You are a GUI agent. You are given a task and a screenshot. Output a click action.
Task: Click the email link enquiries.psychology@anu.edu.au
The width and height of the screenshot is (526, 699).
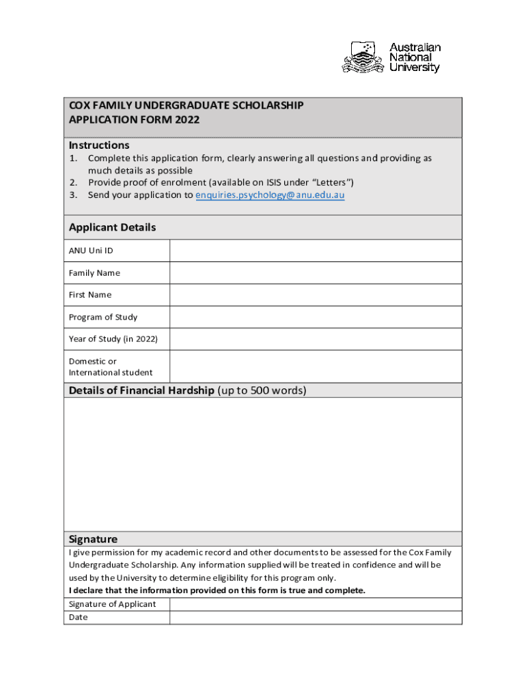coord(270,195)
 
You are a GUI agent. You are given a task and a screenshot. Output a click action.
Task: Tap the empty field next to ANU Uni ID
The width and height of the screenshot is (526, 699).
coord(316,251)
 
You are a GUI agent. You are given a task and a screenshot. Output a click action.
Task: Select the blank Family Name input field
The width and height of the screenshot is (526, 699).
coord(316,273)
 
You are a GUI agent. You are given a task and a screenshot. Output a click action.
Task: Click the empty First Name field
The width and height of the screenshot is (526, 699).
coord(316,295)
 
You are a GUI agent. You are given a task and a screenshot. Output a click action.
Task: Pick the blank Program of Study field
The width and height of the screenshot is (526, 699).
coord(316,317)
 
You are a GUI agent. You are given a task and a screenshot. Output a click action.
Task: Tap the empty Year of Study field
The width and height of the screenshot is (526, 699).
coord(316,339)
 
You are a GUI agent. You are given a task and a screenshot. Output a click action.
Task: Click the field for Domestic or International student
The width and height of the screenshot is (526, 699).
coord(316,367)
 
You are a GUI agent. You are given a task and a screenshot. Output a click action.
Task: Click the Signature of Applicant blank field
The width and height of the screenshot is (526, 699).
coord(316,604)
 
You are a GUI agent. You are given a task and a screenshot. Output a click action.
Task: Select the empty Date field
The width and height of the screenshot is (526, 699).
coord(316,618)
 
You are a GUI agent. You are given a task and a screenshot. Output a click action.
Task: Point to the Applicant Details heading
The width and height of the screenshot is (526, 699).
coord(112,227)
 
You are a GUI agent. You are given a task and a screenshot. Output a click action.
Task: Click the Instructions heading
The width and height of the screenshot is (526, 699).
coord(99,145)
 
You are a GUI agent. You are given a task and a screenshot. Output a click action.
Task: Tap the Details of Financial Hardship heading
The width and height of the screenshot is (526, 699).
coord(141,390)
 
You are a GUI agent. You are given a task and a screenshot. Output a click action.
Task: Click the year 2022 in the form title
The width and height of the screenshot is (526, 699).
coord(187,119)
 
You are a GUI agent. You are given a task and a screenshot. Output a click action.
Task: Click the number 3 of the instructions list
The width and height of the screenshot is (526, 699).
coord(72,195)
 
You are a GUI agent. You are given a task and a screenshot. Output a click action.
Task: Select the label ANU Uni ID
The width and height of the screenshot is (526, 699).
coord(91,251)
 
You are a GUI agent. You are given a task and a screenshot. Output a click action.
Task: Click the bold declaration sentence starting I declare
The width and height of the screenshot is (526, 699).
coord(217,590)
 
